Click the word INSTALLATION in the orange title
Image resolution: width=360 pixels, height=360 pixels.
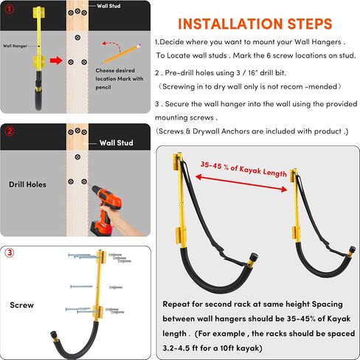[230, 24]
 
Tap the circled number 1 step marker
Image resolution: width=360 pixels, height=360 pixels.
[10, 10]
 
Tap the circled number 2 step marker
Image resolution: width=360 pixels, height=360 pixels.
[10, 131]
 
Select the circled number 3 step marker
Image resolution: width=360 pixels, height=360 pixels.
[10, 252]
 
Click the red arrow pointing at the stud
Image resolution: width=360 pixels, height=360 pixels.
[56, 60]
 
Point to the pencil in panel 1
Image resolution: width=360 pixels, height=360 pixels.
[122, 54]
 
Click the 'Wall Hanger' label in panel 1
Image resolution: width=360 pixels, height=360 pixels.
[15, 46]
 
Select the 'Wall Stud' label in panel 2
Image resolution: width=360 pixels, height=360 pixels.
[117, 142]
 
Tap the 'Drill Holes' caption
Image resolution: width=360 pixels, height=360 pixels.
[27, 184]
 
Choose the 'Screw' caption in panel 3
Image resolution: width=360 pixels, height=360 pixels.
[22, 305]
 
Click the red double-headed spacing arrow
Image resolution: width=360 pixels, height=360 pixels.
[241, 183]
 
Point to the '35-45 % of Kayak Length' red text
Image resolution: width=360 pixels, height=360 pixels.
[243, 169]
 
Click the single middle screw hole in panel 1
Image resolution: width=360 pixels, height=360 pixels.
[77, 38]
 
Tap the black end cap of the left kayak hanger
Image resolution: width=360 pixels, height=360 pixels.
[253, 258]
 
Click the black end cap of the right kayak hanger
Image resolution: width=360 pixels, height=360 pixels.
[353, 249]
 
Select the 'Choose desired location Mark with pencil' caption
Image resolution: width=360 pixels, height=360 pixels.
[120, 79]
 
